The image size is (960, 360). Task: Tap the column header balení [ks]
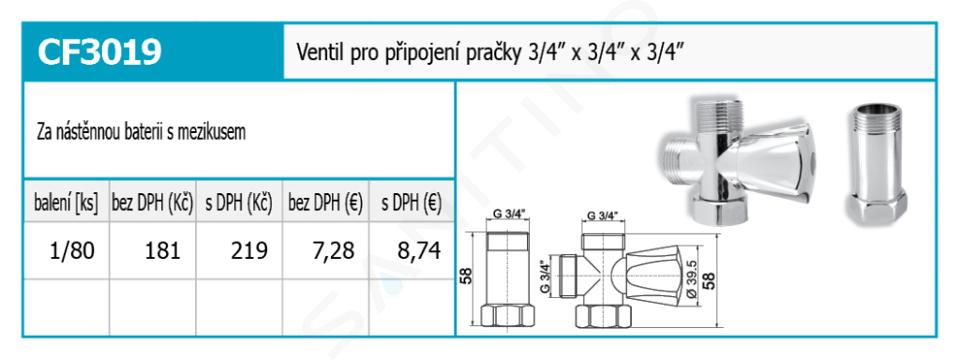coord(66,203)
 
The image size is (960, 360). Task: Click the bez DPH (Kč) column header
coord(152,203)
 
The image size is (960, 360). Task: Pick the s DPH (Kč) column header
coord(239,203)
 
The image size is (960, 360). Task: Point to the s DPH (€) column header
coord(411,203)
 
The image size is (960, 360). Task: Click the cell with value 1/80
coord(72,251)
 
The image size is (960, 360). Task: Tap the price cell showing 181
coord(162,251)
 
